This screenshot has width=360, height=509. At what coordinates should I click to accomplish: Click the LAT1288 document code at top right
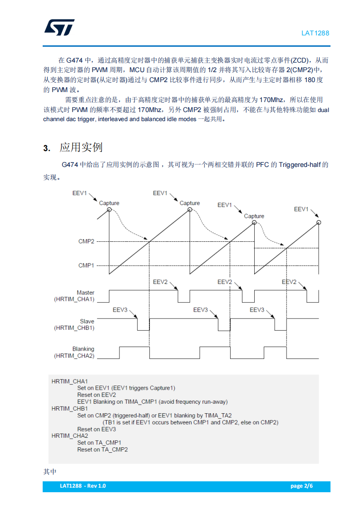tap(316, 33)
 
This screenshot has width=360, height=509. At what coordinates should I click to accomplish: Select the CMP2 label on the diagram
tap(86, 241)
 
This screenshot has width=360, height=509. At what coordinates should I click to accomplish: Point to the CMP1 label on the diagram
tap(86, 265)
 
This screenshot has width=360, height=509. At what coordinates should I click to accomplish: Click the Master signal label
tap(85, 293)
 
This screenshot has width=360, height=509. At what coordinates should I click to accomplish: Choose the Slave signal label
tap(87, 321)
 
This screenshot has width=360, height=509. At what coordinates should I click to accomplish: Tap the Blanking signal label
tap(83, 349)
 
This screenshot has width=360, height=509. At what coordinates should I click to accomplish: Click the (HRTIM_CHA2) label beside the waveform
tap(74, 356)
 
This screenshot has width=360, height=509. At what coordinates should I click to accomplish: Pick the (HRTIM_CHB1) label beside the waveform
tap(74, 328)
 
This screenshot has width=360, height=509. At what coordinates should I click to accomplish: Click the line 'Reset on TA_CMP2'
tap(102, 450)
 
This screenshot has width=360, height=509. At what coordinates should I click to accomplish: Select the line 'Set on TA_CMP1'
tap(99, 442)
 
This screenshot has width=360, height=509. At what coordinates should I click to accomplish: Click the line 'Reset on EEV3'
tap(96, 429)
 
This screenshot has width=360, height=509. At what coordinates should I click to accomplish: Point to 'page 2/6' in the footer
tap(301, 486)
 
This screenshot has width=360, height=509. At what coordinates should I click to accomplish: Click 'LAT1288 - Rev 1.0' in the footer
tap(83, 486)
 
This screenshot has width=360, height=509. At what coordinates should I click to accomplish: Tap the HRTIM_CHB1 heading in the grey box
tap(69, 408)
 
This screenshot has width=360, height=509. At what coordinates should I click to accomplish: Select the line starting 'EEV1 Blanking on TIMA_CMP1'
tap(152, 401)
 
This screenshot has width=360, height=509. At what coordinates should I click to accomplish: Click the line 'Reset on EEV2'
tap(96, 395)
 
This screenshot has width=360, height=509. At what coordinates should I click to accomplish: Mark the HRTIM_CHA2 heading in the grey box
tap(69, 436)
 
